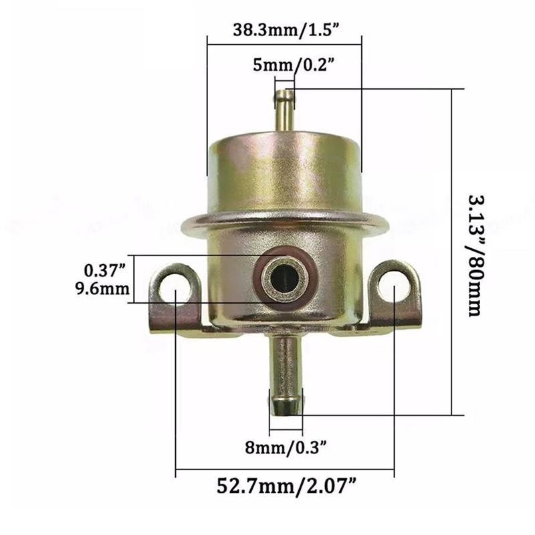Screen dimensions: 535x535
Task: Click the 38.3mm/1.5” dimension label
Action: (x=284, y=30)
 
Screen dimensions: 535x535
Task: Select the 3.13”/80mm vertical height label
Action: (x=474, y=255)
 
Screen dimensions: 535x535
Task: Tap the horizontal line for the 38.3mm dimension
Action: (x=284, y=45)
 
